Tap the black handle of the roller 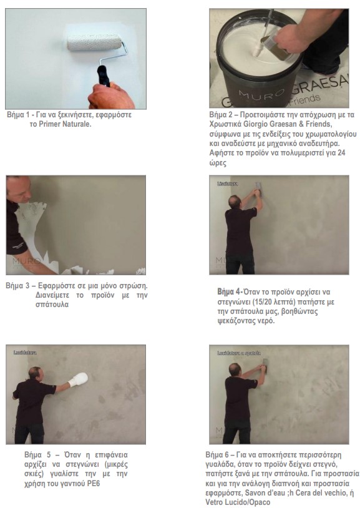coord(104,76)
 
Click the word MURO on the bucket coord(261,94)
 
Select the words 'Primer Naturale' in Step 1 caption coord(65,124)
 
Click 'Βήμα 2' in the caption coord(221,115)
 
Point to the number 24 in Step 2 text coord(341,153)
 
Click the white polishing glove coord(78,379)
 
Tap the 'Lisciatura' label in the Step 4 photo coord(228,183)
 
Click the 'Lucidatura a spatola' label coord(239,353)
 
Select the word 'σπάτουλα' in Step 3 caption coord(52,305)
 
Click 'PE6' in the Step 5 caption coord(94,484)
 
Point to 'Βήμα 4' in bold coord(230,292)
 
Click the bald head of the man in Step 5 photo coord(34,373)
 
